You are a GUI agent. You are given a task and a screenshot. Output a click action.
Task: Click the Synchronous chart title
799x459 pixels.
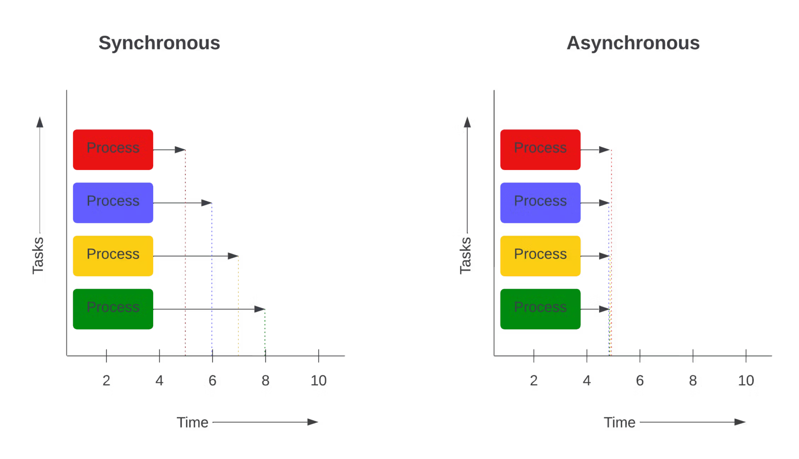[159, 43]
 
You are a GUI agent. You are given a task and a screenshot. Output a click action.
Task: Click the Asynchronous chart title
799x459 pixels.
[633, 44]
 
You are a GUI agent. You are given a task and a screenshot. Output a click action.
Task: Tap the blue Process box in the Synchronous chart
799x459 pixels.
[113, 202]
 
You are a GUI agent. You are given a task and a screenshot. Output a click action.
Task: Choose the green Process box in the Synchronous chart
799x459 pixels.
[113, 309]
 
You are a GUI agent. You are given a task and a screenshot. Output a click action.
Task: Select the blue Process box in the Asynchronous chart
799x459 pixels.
[540, 202]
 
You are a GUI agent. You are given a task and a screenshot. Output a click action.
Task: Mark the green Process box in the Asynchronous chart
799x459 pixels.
[540, 309]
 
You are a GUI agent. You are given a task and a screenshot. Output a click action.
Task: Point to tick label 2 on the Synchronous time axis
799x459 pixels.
[107, 381]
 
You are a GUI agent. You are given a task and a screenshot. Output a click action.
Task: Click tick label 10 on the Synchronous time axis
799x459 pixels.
[319, 381]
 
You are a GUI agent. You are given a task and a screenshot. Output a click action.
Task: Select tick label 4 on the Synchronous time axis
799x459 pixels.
[159, 381]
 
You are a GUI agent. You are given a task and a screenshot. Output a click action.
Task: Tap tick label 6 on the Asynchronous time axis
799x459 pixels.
[640, 381]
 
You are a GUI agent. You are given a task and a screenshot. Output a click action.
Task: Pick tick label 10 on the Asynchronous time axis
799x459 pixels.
[747, 381]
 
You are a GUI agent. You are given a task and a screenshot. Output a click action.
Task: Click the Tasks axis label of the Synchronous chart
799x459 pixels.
[38, 255]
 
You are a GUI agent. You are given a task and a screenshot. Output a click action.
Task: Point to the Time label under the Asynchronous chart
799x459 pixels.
[620, 423]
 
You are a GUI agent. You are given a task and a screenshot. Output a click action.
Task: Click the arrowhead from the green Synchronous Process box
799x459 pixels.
[260, 309]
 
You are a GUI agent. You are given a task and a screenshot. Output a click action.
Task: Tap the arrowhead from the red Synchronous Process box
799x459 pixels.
[180, 150]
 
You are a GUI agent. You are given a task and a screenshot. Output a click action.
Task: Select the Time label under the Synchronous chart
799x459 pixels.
[193, 423]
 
